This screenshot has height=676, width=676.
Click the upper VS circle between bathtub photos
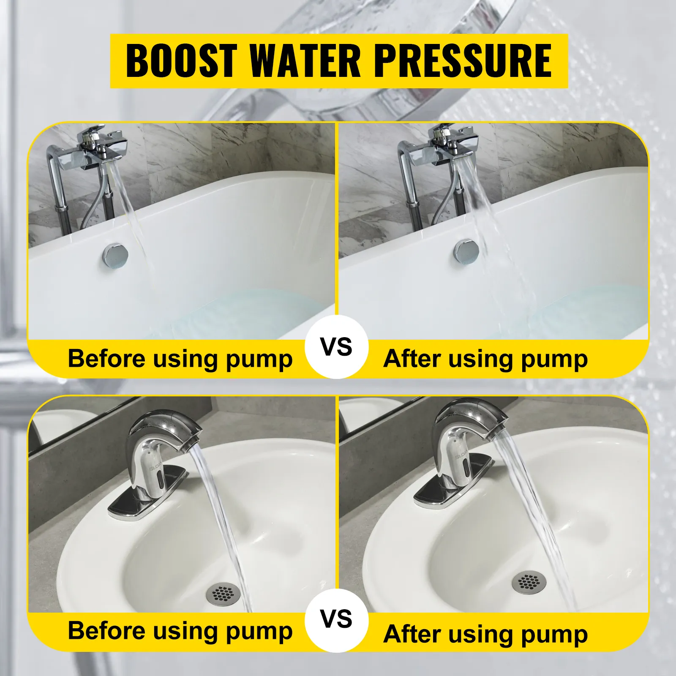coord(337,347)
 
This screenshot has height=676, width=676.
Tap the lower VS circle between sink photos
coord(337,619)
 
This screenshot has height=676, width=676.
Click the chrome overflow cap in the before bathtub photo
coord(115,255)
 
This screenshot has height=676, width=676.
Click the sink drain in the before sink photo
coord(223,594)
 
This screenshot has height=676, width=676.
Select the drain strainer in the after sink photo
coord(529,583)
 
